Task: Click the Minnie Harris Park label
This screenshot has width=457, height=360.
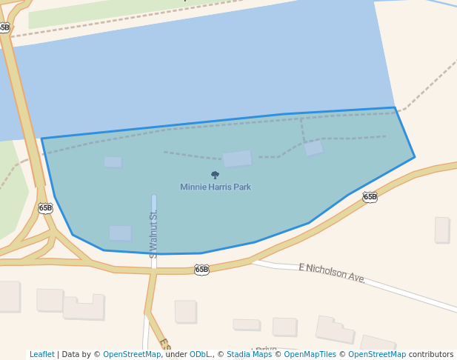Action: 216,187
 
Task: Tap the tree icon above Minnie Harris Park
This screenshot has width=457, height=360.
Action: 216,176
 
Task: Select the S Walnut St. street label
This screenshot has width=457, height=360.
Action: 154,229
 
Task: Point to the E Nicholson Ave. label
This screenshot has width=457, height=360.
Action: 332,273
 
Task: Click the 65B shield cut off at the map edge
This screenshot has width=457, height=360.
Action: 4,28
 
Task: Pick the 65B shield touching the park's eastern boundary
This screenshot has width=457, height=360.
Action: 370,197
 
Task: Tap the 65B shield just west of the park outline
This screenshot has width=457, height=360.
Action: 46,208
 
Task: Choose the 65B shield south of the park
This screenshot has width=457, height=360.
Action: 201,270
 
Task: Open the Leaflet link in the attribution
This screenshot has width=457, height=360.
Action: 42,354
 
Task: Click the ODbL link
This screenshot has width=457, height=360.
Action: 200,354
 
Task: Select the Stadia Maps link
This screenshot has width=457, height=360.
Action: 249,354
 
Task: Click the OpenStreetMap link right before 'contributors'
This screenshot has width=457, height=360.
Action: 377,354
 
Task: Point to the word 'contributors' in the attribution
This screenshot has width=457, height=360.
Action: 431,354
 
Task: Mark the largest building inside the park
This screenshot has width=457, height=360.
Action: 237,159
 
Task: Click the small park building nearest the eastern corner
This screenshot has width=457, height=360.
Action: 313,147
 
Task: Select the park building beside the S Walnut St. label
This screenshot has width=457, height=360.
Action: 120,233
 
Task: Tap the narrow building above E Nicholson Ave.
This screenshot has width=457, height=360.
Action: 442,230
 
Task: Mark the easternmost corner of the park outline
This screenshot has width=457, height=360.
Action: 414,157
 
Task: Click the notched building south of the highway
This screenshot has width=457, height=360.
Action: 84,307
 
